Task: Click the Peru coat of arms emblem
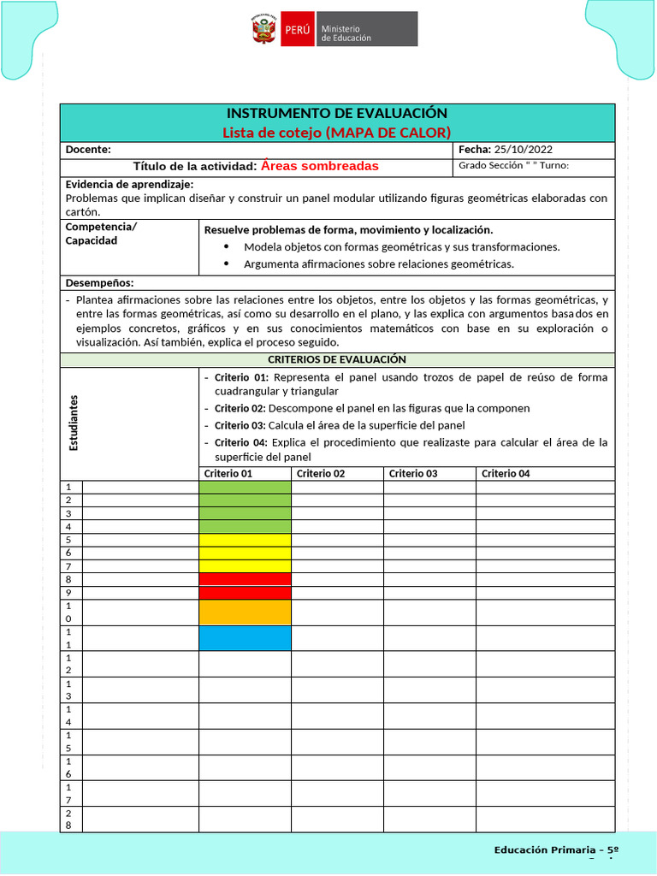tap(263, 29)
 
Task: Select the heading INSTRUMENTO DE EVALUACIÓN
tap(336, 114)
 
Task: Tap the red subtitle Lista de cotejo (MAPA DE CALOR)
tap(336, 132)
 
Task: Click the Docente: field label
tap(88, 150)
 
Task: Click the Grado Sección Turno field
tap(513, 166)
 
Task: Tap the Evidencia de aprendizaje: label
tap(129, 184)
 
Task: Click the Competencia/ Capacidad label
tap(101, 234)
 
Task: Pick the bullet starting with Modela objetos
tap(401, 247)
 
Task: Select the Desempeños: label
tap(99, 283)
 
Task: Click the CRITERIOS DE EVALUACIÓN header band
tap(337, 360)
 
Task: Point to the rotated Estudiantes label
tap(74, 423)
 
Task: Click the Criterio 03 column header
tap(413, 474)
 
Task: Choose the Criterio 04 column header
tap(506, 474)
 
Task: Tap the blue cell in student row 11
tap(245, 638)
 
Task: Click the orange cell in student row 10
tap(245, 613)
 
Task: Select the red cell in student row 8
tap(245, 579)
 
